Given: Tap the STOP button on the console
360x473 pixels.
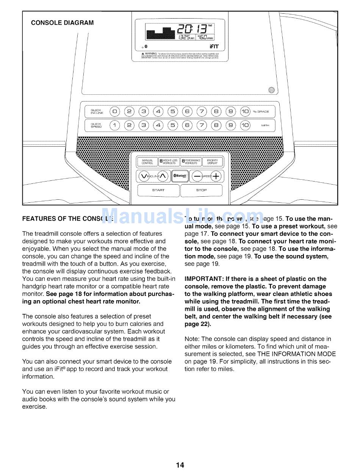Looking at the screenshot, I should click(201, 190).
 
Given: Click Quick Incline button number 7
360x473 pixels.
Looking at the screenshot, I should click(202, 111).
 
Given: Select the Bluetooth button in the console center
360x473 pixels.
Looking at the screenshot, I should click(180, 176).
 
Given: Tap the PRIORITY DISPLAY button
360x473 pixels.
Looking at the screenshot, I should click(213, 162).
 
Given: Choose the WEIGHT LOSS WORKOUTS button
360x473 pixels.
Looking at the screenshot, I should click(169, 162).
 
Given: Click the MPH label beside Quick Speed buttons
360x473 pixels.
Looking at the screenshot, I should click(265, 125).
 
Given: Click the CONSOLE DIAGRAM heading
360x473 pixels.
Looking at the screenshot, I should click(62, 23).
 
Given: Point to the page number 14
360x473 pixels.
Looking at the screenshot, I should click(180, 465).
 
